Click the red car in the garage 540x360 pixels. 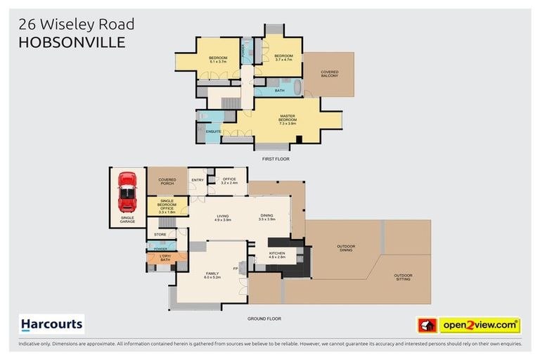pos(127,191)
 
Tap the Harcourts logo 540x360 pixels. pos(52,324)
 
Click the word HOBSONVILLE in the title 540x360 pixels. pos(72,42)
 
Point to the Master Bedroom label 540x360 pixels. pos(287,118)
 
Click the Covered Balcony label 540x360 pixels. pos(329,73)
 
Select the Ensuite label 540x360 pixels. pos(214,131)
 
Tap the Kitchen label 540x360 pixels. pos(276,255)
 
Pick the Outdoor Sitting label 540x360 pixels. pos(403,276)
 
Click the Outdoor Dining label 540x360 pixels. pos(346,247)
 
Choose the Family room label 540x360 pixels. pos(212,275)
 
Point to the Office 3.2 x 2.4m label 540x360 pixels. pos(230,181)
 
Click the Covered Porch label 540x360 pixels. pos(167,181)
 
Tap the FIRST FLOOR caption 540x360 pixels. pos(276,160)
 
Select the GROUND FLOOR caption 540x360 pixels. pos(264,319)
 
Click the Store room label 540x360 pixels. pos(160,233)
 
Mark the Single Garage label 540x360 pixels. pos(127,219)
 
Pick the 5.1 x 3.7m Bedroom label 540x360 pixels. pos(217,60)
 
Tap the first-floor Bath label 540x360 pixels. pos(280,90)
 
